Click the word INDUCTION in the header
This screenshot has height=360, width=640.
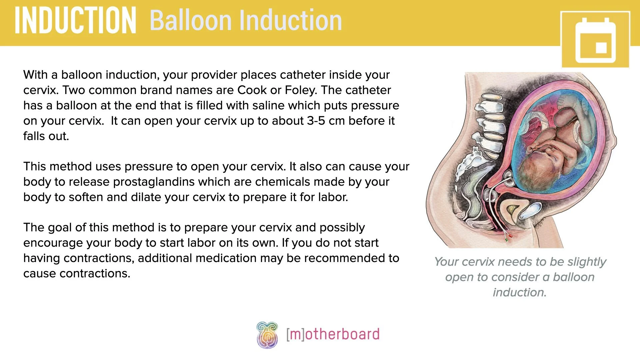pos(75,21)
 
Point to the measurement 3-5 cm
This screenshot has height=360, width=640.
pos(326,121)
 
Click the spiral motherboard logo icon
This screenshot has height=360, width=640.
pos(267,335)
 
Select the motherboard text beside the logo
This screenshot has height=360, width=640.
pos(333,334)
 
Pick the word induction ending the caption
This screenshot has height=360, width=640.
pos(519,293)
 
